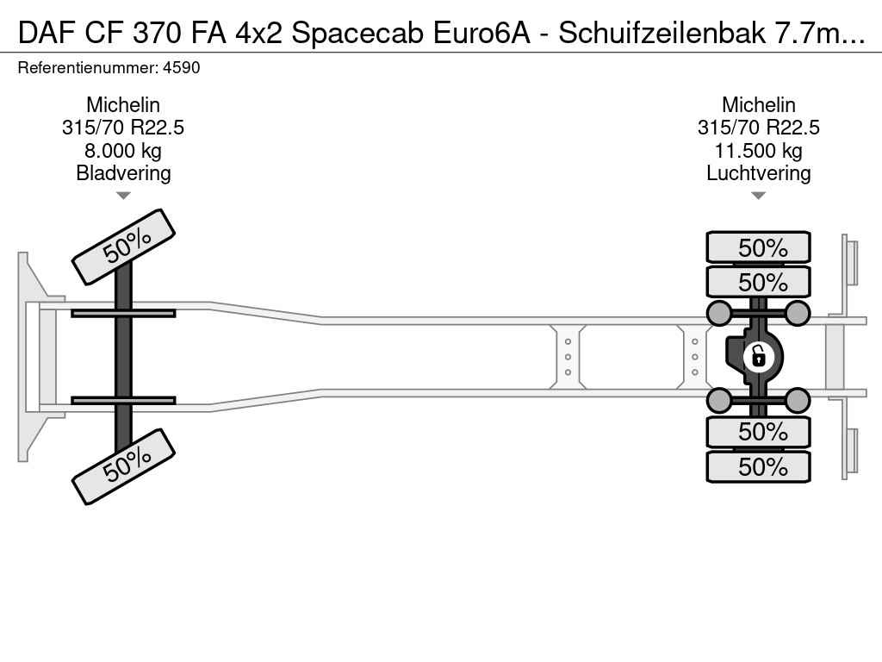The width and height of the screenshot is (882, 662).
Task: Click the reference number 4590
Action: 181,68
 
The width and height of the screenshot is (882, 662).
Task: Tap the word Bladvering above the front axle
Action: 123,173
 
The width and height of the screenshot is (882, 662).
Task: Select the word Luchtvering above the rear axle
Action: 758,173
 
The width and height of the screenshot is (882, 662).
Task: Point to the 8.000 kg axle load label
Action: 123,151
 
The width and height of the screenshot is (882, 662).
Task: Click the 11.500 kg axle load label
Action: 758,151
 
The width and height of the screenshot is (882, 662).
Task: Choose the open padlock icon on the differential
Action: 758,357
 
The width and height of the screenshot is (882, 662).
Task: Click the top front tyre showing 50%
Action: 124,247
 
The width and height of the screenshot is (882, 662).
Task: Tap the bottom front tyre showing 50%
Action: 124,466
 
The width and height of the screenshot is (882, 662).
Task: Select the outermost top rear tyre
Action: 758,247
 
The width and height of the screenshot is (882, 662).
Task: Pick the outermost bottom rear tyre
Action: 758,466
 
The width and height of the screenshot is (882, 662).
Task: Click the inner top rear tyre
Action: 758,282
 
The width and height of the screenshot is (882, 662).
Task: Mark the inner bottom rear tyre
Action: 758,432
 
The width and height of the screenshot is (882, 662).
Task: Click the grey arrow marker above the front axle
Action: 123,196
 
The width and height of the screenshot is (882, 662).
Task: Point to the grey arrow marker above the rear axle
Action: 758,196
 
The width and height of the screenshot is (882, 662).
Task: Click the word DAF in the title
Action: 47,34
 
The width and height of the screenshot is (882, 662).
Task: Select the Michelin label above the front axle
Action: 123,105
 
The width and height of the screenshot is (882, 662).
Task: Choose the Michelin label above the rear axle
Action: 758,105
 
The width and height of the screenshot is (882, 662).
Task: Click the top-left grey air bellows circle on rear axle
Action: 719,313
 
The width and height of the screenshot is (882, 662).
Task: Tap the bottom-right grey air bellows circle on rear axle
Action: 797,400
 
